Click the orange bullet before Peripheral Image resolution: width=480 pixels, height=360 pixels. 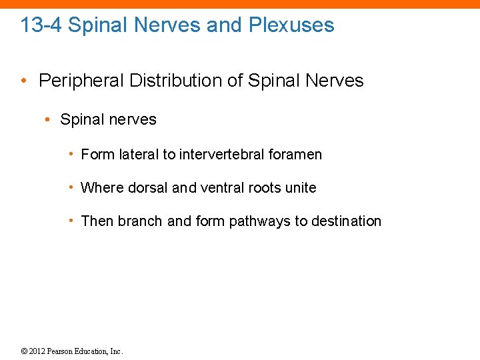point(24,81)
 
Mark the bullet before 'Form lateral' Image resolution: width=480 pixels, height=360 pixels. point(71,155)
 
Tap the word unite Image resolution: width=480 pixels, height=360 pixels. point(301,188)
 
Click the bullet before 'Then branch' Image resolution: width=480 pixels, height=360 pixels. point(71,221)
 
